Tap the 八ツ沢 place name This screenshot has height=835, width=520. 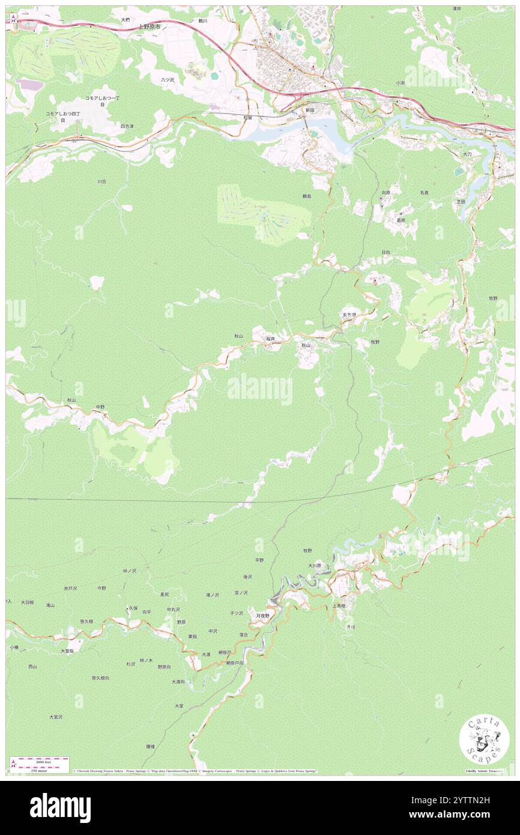(167, 80)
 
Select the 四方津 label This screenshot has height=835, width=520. (127, 126)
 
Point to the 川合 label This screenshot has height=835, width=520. (101, 181)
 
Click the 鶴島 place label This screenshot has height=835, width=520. (307, 196)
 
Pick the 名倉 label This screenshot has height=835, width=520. (424, 192)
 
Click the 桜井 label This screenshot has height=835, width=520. (271, 339)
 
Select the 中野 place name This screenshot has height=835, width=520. (100, 407)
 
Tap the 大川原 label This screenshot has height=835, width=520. (315, 565)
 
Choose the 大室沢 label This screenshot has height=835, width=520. (56, 717)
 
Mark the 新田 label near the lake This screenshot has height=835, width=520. (310, 111)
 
